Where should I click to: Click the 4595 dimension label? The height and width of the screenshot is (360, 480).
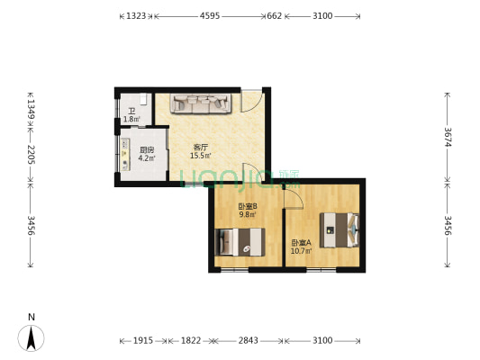(x=210, y=16)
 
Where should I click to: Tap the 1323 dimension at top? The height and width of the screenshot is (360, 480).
(x=136, y=16)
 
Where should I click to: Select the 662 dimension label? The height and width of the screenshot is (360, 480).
(x=274, y=16)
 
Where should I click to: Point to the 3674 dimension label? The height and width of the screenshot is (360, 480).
(x=448, y=137)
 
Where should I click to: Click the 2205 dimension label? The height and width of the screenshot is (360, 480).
(x=31, y=155)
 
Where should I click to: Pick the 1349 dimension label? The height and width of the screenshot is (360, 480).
(x=31, y=109)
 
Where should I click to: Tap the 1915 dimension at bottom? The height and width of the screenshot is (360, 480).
(x=143, y=340)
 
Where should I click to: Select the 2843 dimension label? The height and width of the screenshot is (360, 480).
(x=249, y=340)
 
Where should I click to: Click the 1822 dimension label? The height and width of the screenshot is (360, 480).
(x=191, y=340)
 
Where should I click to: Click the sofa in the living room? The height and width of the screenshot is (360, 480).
(x=201, y=103)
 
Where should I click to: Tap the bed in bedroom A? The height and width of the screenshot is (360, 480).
(x=340, y=230)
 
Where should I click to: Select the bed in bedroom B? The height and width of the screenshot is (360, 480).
(x=240, y=242)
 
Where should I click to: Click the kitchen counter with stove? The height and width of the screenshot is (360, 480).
(x=125, y=154)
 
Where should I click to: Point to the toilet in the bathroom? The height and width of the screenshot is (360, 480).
(x=143, y=99)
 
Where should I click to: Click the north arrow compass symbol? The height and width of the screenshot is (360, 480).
(x=31, y=337)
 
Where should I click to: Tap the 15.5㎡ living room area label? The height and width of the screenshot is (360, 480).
(x=201, y=156)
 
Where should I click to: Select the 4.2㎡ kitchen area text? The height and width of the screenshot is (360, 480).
(x=147, y=158)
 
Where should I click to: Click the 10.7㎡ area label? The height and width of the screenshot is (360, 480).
(x=301, y=251)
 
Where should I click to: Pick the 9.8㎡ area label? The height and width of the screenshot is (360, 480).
(x=248, y=214)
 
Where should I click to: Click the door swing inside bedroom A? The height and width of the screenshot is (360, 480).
(x=294, y=199)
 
